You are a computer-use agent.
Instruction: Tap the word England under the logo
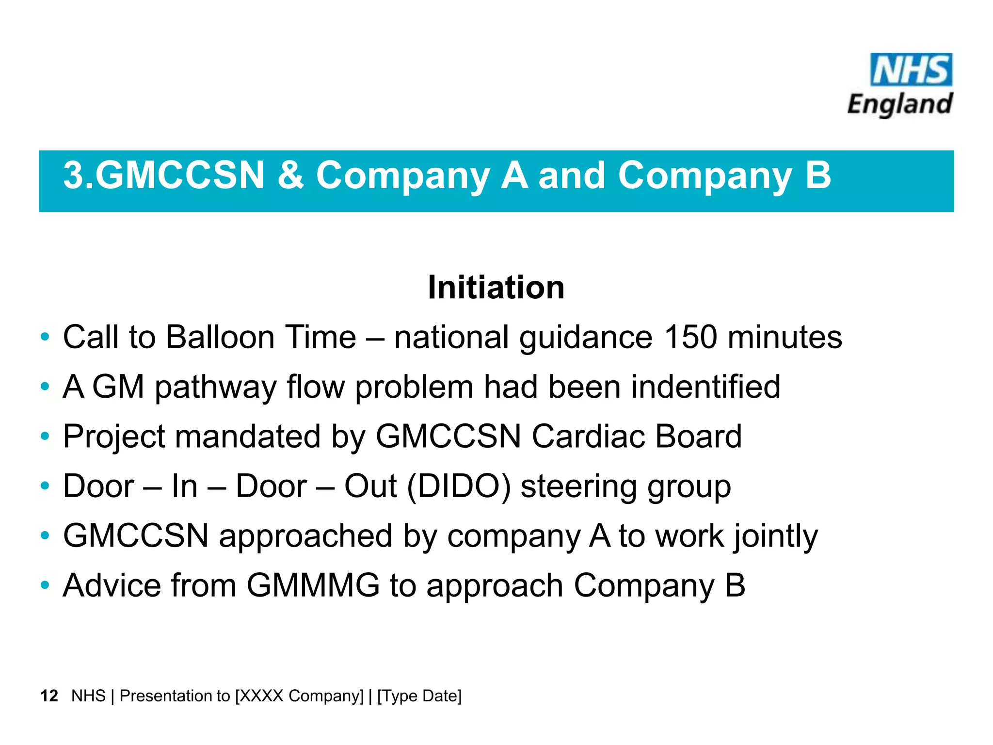click(x=900, y=104)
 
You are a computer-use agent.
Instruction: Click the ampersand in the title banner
click(x=290, y=175)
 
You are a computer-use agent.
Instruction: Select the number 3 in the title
click(x=74, y=175)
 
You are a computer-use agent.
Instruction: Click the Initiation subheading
click(x=496, y=287)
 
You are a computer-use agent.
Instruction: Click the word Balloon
click(x=220, y=337)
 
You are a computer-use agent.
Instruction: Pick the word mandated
click(x=248, y=437)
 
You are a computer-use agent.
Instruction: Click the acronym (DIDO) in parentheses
click(x=459, y=486)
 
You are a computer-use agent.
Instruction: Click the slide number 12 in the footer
click(x=49, y=696)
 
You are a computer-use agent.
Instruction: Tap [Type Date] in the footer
click(x=419, y=696)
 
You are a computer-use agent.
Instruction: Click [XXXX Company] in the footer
click(x=299, y=696)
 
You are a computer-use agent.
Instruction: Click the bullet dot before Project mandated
click(x=45, y=437)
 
